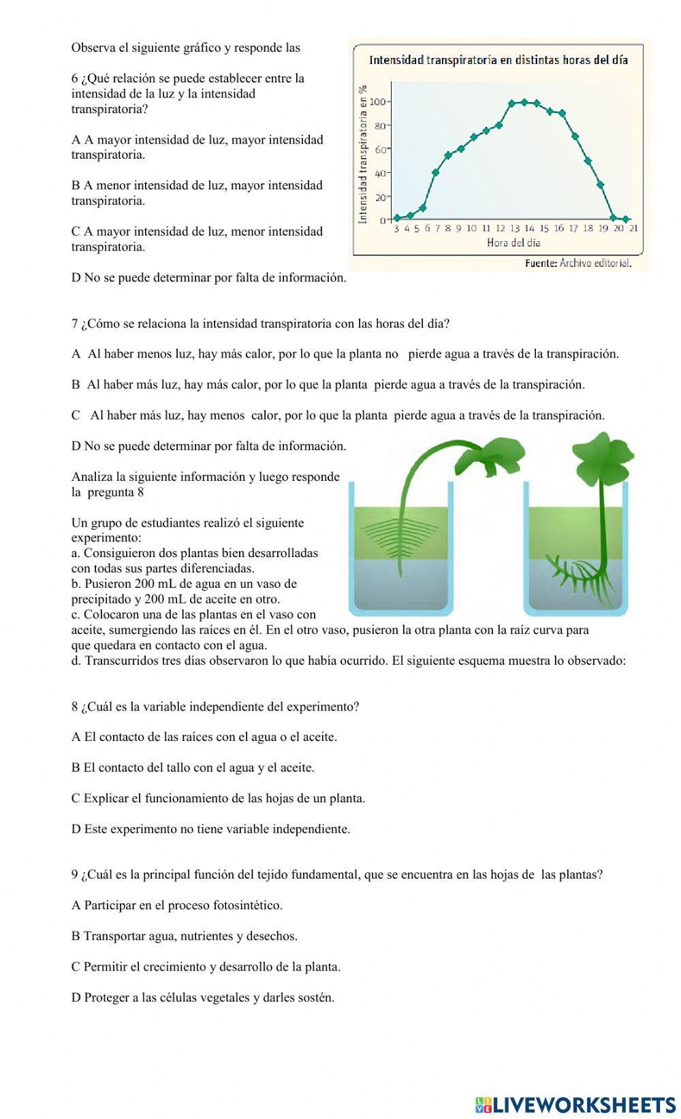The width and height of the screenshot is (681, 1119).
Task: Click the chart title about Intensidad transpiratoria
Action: (x=498, y=60)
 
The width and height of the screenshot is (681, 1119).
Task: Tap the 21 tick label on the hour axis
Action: (x=633, y=229)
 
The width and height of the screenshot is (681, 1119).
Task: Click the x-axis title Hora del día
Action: (x=513, y=242)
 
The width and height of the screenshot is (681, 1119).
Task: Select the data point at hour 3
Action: (x=397, y=218)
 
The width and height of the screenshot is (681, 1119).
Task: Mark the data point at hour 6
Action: (x=423, y=208)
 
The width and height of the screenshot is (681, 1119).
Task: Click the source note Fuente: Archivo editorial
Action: (x=578, y=264)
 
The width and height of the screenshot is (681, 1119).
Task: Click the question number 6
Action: (x=74, y=78)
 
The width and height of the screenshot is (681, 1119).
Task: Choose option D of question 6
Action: (x=76, y=278)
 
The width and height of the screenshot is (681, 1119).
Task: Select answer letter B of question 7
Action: (x=76, y=385)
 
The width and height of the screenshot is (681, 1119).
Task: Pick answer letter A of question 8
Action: (x=76, y=737)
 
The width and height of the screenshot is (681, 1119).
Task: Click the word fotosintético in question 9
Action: (x=247, y=906)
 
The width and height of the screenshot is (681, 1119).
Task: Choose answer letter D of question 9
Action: (x=76, y=998)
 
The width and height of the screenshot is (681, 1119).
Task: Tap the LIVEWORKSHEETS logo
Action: (x=575, y=1104)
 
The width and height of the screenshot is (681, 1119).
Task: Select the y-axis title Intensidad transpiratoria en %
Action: (x=362, y=155)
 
